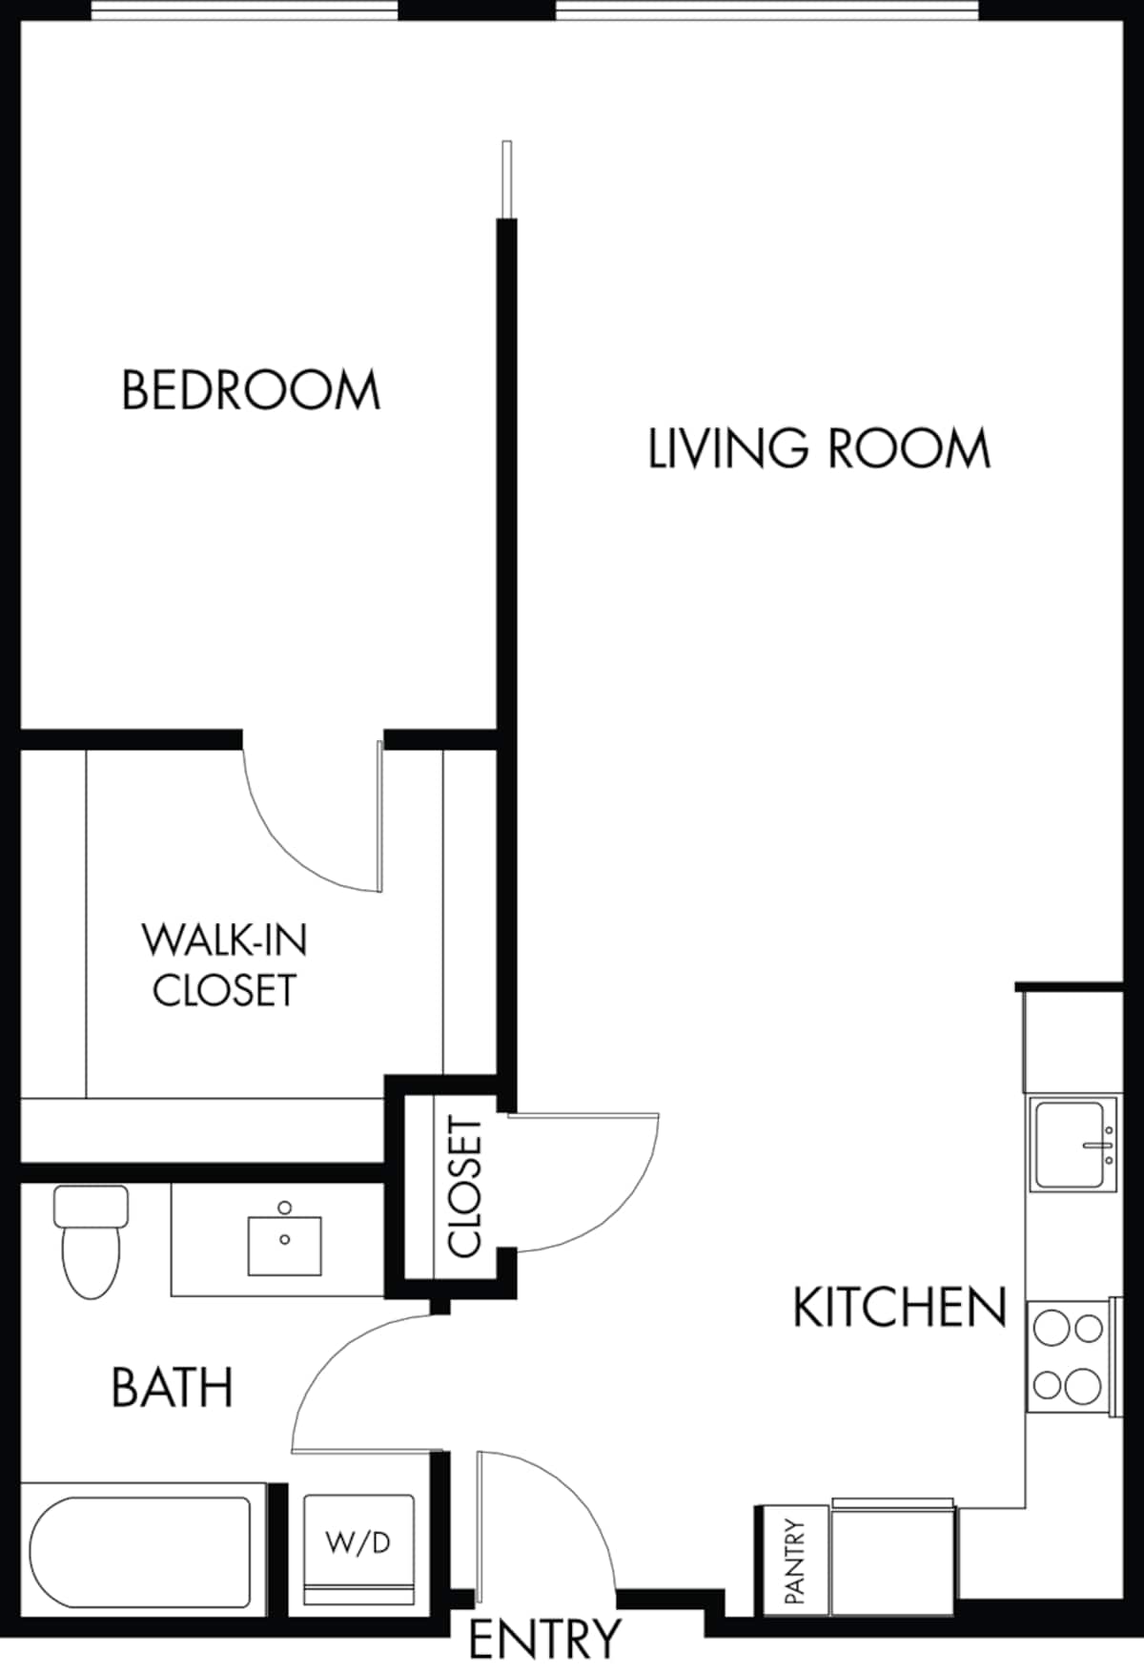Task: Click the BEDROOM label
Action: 251,390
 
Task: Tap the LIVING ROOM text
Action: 818,449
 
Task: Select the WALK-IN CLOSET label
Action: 225,965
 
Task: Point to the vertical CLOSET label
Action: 465,1188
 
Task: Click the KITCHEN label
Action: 899,1308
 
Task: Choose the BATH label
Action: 173,1388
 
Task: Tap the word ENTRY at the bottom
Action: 544,1639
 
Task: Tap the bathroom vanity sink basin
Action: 284,1245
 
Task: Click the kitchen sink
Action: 1074,1145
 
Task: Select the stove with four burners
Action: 1068,1354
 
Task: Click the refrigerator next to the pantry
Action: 892,1560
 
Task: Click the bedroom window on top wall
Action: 244,10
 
